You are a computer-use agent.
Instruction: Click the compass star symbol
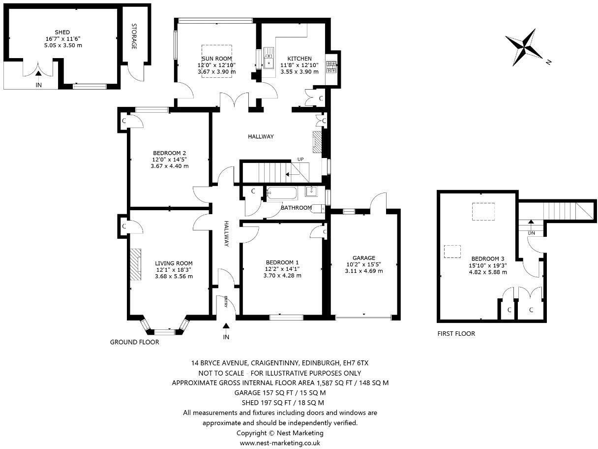point(524,47)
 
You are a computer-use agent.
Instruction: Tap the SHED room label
point(62,32)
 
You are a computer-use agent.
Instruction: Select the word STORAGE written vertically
point(134,36)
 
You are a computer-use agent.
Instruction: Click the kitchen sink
point(269,59)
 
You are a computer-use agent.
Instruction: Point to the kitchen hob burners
point(331,67)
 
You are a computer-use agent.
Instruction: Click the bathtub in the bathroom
point(282,193)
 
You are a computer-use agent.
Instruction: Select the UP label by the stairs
point(300,159)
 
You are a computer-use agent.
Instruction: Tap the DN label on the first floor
point(531,233)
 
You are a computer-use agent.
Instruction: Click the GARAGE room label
point(364,258)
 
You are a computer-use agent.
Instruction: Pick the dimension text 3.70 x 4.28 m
point(282,276)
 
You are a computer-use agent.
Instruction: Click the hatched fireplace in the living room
point(135,264)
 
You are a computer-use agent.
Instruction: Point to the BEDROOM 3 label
point(488,258)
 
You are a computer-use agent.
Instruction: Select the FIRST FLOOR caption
point(456,334)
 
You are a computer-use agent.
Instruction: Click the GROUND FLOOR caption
point(134,342)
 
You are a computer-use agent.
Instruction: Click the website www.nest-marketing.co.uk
point(280,443)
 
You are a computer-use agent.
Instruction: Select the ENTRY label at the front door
point(226,301)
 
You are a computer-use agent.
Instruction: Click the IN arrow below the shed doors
point(39,73)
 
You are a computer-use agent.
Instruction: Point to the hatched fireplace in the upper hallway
point(317,142)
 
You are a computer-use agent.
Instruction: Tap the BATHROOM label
point(296,208)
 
